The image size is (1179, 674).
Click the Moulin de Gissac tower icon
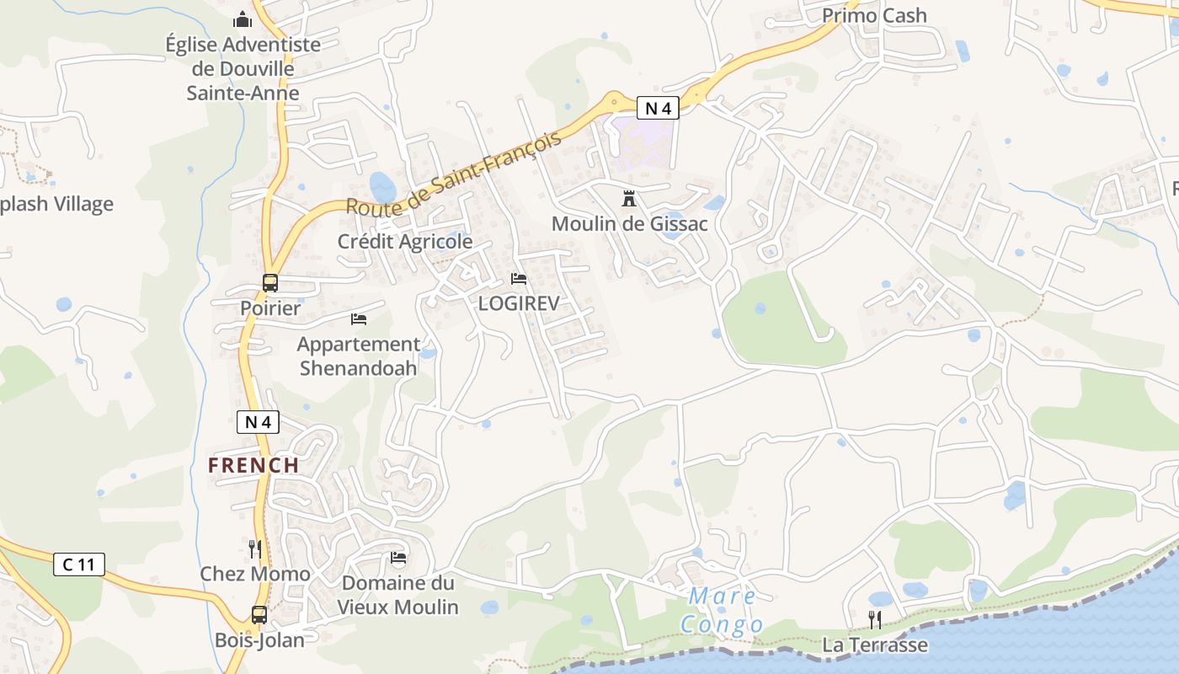(628, 199)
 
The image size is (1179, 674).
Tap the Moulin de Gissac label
(629, 224)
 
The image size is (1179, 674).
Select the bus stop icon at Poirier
(269, 283)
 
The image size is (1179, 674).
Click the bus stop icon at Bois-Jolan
(259, 615)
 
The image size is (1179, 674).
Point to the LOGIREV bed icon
(519, 279)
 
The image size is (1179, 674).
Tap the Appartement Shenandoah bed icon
(359, 319)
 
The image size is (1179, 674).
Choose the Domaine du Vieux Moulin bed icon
(398, 558)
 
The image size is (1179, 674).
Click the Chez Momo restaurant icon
(254, 549)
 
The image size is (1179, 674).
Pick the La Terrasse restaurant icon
(875, 620)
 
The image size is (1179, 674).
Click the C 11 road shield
(79, 564)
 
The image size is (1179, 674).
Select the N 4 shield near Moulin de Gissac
(657, 108)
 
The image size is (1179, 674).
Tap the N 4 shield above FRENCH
(258, 422)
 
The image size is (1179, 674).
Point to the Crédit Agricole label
(405, 242)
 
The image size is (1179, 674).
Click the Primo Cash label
(874, 15)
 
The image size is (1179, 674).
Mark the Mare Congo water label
(723, 610)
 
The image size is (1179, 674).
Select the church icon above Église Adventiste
(243, 19)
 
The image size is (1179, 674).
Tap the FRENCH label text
(253, 465)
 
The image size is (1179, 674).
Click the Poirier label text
(270, 308)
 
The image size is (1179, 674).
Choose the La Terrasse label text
(875, 645)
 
